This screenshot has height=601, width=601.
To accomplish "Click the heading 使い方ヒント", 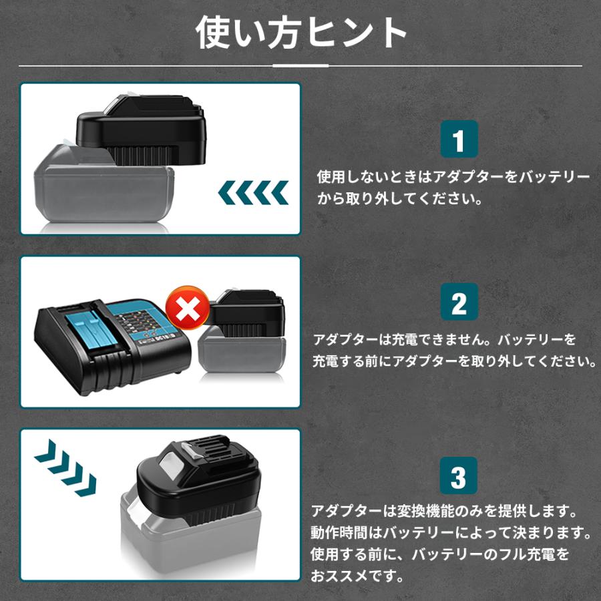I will (x=301, y=33).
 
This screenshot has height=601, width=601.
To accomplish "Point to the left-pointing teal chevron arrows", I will (x=253, y=194).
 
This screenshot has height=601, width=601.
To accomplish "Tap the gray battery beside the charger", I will (x=244, y=357).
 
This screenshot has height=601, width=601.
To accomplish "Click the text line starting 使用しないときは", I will (x=453, y=177).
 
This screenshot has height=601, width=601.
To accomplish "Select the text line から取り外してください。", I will (x=399, y=199).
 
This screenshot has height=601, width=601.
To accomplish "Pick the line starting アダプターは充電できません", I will (x=445, y=339).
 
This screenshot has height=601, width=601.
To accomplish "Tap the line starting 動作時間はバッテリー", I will (x=451, y=534).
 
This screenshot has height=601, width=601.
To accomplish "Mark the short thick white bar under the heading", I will (x=301, y=65).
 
